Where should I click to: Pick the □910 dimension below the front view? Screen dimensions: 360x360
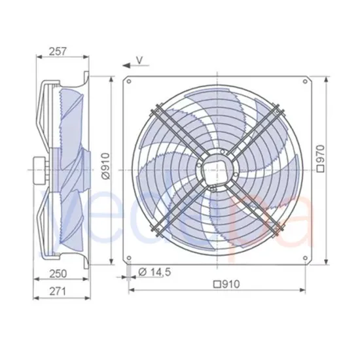click(225, 285)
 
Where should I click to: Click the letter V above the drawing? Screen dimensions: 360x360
click(139, 60)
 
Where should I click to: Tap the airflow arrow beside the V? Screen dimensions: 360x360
click(126, 65)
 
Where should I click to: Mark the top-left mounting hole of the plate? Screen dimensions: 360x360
click(130, 82)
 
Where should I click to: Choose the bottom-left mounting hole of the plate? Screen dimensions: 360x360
click(130, 256)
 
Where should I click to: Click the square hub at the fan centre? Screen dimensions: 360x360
click(216, 169)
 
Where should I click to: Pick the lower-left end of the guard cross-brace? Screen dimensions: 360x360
click(154, 230)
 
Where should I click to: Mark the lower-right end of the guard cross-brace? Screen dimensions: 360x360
click(278, 230)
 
